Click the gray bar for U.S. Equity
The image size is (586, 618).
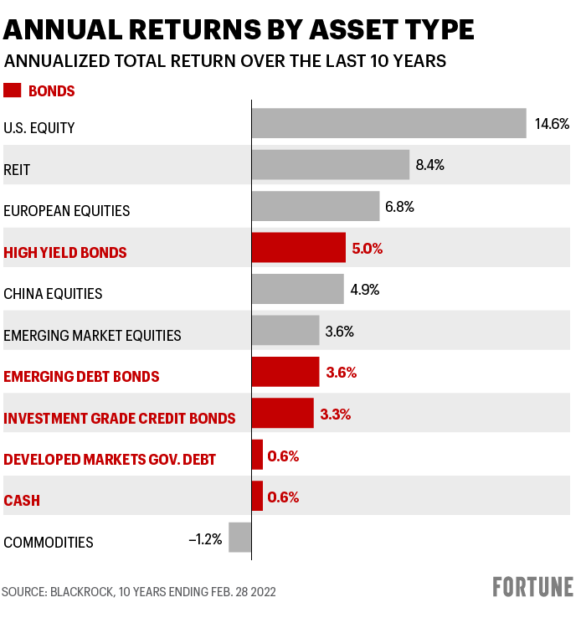(x=388, y=123)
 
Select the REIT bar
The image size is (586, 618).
(x=330, y=165)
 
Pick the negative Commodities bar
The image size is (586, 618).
(x=239, y=538)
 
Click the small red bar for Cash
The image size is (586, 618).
(x=257, y=496)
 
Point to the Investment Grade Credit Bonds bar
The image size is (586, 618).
(x=282, y=414)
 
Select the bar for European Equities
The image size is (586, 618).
(x=315, y=206)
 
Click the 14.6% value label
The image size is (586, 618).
(x=552, y=124)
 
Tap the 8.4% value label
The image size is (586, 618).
(x=429, y=165)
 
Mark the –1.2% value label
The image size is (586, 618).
(x=205, y=538)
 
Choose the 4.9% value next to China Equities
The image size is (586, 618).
(x=364, y=291)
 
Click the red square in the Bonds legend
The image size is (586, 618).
(x=13, y=90)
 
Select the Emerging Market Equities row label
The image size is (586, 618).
(x=92, y=336)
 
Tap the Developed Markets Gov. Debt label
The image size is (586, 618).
(x=110, y=460)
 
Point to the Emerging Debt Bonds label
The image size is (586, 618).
(x=81, y=377)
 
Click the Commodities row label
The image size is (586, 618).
(x=49, y=543)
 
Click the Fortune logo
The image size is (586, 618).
(x=532, y=587)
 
